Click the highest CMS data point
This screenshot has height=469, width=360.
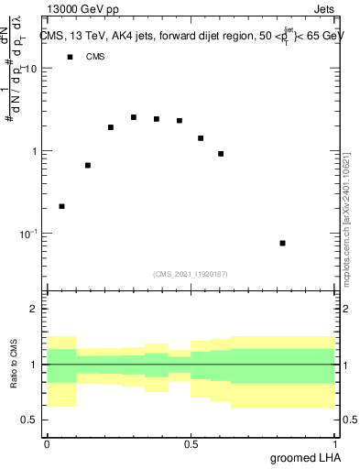pyautogui.click(x=134, y=117)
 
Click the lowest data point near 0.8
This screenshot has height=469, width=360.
pyautogui.click(x=283, y=243)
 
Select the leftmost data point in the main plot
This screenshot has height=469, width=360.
pyautogui.click(x=61, y=206)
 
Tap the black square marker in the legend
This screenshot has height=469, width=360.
pyautogui.click(x=70, y=57)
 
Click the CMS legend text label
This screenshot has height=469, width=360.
pyautogui.click(x=95, y=57)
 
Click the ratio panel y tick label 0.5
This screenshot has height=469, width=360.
pyautogui.click(x=30, y=420)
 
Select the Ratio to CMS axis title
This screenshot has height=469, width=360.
pyautogui.click(x=14, y=365)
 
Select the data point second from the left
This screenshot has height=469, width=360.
pyautogui.click(x=88, y=165)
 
